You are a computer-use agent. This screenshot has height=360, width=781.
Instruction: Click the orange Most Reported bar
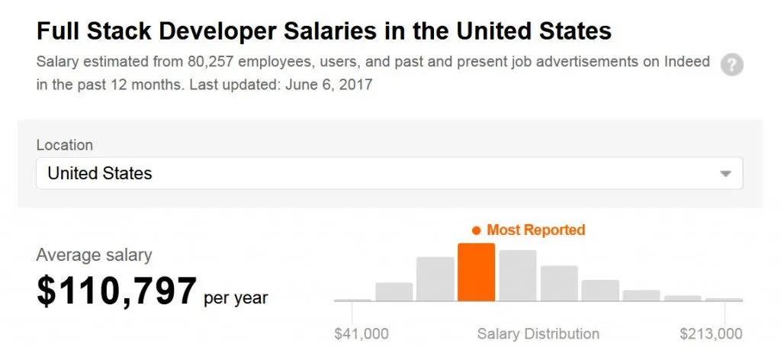click(x=476, y=272)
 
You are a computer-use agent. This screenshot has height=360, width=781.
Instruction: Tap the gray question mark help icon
click(x=732, y=65)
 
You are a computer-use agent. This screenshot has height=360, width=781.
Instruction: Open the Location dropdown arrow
click(x=725, y=174)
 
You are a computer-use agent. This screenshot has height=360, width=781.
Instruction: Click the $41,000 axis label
click(x=362, y=333)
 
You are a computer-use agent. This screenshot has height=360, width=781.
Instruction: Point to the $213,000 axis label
click(x=711, y=333)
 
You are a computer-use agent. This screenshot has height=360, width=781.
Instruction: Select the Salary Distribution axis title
click(x=538, y=333)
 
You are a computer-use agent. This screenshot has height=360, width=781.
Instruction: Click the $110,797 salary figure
click(x=117, y=291)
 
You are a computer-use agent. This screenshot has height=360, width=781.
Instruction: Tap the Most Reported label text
click(x=535, y=230)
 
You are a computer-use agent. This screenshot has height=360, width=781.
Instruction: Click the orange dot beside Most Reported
click(x=476, y=230)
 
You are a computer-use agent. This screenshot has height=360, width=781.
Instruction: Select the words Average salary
click(x=94, y=256)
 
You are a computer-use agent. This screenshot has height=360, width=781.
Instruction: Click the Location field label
click(x=64, y=145)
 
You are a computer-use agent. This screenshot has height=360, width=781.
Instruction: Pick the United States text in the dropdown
click(x=100, y=174)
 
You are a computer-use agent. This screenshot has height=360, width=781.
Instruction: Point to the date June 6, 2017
click(x=329, y=85)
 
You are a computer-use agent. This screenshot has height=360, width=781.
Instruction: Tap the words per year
click(x=236, y=297)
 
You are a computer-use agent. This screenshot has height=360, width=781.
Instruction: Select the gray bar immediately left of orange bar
click(x=435, y=279)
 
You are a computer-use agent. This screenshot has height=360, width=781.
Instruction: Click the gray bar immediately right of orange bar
click(x=518, y=275)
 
